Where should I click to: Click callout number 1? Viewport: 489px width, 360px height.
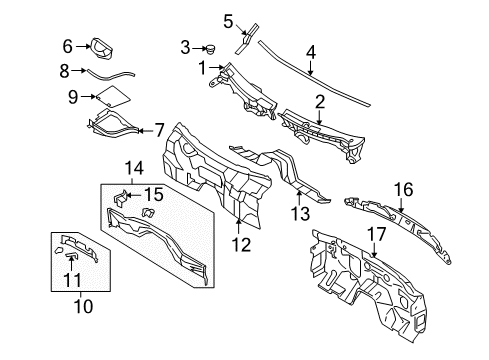[x=202, y=68]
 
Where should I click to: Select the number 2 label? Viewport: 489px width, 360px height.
[x=320, y=100]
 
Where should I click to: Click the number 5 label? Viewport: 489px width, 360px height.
[x=228, y=19]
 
